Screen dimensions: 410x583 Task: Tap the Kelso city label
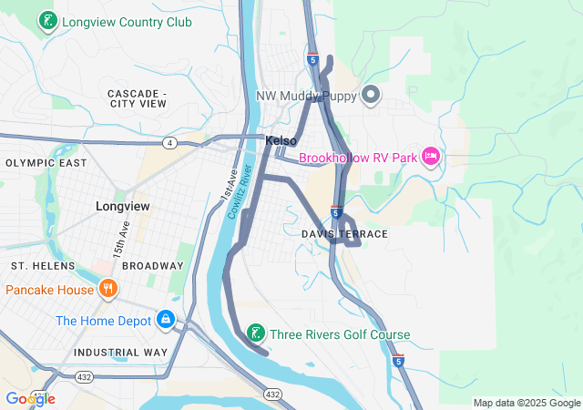281,141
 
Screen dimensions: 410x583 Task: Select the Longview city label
122,207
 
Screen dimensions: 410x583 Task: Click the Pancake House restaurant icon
108,290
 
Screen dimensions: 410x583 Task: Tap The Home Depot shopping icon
166,320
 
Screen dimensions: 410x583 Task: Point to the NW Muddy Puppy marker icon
371,94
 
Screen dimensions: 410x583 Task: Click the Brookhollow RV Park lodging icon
431,158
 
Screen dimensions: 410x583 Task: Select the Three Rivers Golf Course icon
258,334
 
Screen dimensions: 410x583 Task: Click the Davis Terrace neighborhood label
344,234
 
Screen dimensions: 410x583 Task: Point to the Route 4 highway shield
170,142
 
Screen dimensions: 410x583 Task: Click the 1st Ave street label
229,184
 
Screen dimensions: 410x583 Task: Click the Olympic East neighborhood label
46,163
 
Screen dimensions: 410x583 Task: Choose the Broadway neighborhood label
153,265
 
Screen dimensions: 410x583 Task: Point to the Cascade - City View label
137,98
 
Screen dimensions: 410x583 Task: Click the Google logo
30,398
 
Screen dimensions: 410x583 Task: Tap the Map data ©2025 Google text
526,403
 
